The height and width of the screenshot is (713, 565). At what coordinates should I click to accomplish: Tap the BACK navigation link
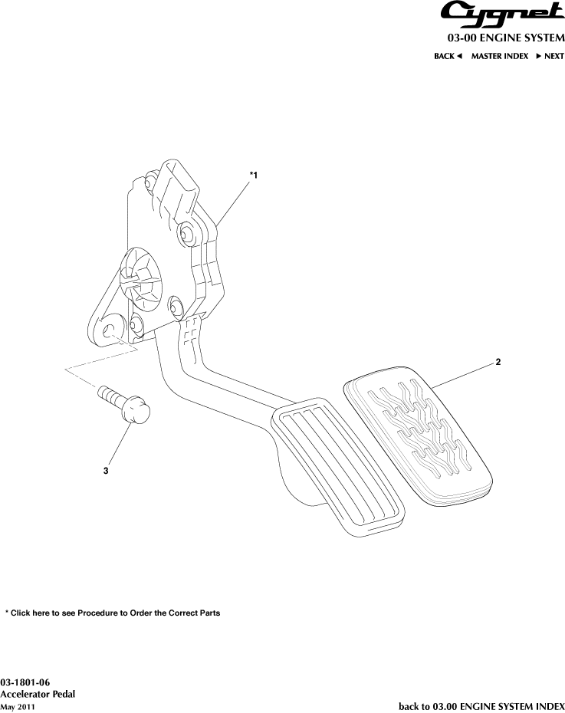(448, 56)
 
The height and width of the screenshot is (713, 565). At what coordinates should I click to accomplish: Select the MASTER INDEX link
(500, 56)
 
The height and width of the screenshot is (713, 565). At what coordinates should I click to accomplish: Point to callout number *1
(254, 175)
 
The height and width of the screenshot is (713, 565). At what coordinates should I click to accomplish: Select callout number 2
(498, 362)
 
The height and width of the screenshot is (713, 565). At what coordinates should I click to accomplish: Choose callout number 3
(106, 471)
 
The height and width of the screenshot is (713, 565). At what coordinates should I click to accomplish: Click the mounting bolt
(123, 404)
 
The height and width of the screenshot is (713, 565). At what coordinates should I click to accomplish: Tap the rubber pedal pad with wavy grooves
(418, 436)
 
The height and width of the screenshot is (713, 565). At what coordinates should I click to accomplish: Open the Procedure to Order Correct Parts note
(113, 613)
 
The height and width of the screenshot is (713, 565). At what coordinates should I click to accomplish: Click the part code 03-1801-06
(25, 682)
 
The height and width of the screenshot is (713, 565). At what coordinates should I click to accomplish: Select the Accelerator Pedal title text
(38, 694)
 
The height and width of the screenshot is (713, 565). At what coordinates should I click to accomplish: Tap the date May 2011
(18, 707)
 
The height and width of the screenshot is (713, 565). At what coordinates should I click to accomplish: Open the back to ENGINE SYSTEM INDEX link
(481, 706)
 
